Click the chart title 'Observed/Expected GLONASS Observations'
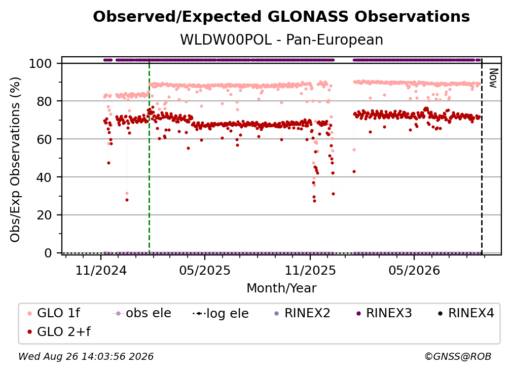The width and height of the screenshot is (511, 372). pos(281,17)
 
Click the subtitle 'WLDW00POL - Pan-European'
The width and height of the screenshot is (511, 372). pos(281,40)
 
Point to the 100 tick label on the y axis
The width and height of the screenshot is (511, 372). pos(41,63)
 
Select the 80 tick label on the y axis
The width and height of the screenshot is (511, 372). pos(44,101)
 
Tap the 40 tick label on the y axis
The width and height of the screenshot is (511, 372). pos(44,177)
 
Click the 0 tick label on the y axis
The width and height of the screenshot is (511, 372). pos(48,253)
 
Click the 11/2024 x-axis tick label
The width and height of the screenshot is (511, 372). pos(101,271)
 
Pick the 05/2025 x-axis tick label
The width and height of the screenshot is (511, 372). pos(205,271)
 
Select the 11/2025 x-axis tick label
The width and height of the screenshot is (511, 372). pos(310,271)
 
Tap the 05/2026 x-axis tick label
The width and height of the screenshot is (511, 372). pos(414,271)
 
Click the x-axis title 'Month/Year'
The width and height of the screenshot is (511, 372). pos(281,288)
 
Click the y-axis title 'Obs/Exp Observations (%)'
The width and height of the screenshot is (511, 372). pos(15,159)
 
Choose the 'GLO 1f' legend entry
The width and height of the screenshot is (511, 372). pos(54,313)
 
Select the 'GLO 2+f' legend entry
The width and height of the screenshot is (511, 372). pos(59,332)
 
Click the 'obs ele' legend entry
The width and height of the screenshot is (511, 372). pos(141,313)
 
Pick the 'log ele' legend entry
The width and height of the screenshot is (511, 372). pos(221,314)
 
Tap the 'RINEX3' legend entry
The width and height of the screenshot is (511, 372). pos(384,313)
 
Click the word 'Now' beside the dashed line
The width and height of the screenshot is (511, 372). pos(493,78)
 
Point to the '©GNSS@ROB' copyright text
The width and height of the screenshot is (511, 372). pos(458,357)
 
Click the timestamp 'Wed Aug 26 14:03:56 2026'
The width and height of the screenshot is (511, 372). pos(86,357)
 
